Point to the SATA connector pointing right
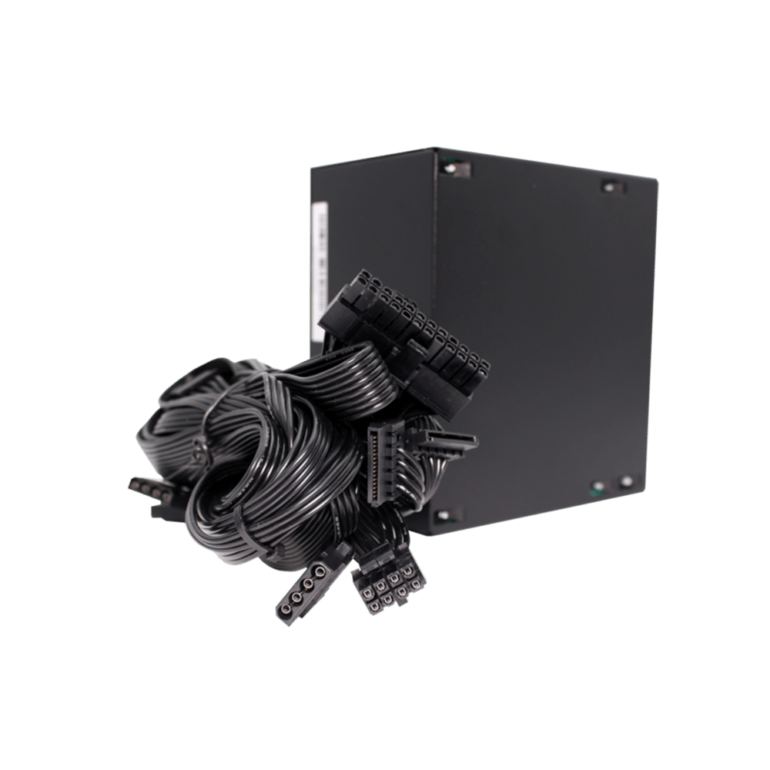point(447,440)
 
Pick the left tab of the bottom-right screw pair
point(597,487)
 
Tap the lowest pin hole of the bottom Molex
point(285,612)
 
